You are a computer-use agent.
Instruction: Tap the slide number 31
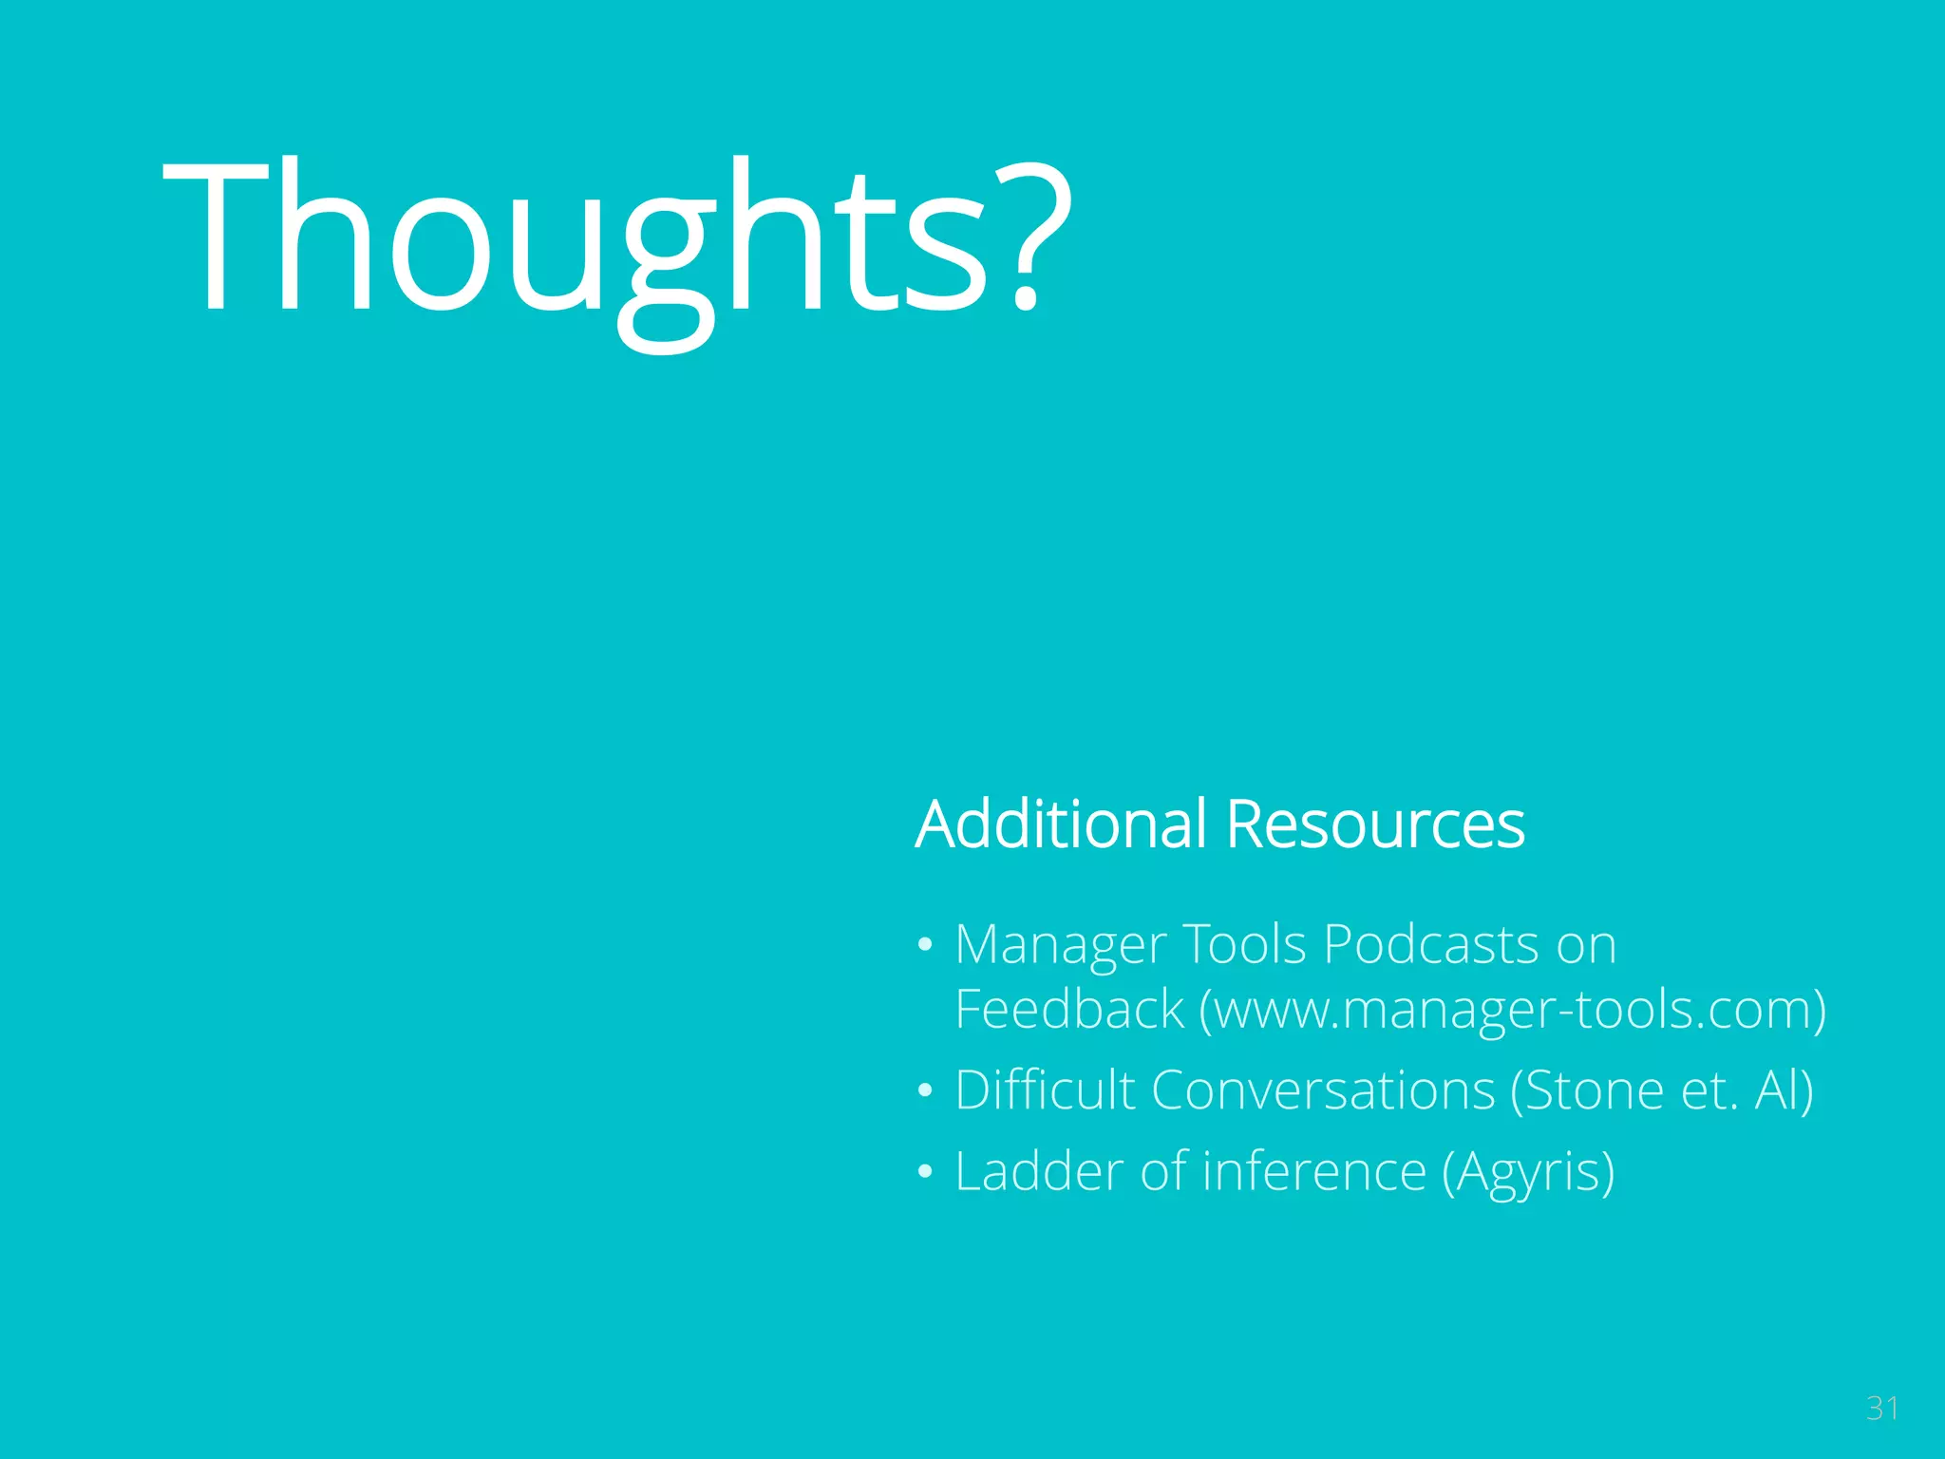coord(1881,1409)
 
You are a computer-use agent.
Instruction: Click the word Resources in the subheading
coord(1374,824)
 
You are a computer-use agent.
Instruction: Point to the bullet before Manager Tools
coord(925,946)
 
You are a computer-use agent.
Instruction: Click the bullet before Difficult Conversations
coord(925,1091)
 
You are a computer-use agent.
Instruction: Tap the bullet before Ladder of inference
coord(925,1172)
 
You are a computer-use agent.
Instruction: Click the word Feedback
coord(1069,1010)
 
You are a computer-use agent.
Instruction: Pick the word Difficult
coord(1045,1090)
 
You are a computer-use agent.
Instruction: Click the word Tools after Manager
coord(1244,944)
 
